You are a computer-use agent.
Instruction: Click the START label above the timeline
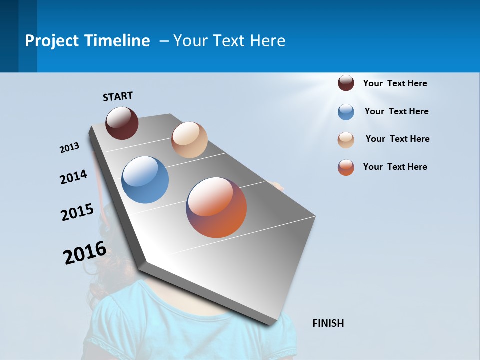[x=118, y=96]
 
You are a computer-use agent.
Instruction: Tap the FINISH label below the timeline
[x=328, y=323]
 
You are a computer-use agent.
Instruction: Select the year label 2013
[x=70, y=148]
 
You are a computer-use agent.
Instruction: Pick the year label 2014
[x=74, y=177]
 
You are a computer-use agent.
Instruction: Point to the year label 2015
[x=77, y=212]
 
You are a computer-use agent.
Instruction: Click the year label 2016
[x=85, y=252]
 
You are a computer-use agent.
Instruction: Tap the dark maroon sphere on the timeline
[x=122, y=123]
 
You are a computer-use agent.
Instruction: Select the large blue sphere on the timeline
[x=145, y=180]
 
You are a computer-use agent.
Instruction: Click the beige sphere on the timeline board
[x=189, y=140]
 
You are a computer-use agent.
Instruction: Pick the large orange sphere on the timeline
[x=216, y=207]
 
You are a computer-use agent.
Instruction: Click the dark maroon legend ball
[x=346, y=83]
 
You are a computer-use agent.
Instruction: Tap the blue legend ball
[x=346, y=112]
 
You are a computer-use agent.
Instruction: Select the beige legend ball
[x=346, y=140]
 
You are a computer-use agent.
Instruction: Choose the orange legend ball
[x=346, y=167]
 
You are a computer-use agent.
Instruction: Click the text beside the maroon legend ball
[x=395, y=83]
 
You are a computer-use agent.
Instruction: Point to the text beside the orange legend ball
[x=395, y=167]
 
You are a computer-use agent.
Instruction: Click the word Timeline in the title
[x=117, y=41]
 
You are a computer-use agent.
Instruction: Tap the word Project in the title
[x=52, y=41]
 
